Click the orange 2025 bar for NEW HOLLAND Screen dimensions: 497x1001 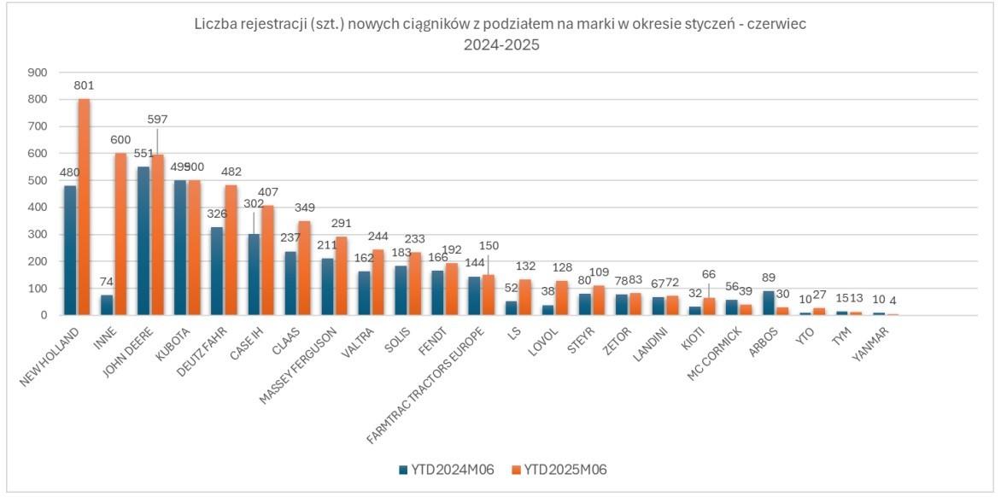point(84,208)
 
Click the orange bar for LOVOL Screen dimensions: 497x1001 point(562,298)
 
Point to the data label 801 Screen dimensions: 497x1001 point(84,85)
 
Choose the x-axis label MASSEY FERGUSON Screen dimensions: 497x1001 point(303,360)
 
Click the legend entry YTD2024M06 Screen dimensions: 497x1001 point(439,469)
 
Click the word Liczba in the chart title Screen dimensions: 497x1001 point(212,25)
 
